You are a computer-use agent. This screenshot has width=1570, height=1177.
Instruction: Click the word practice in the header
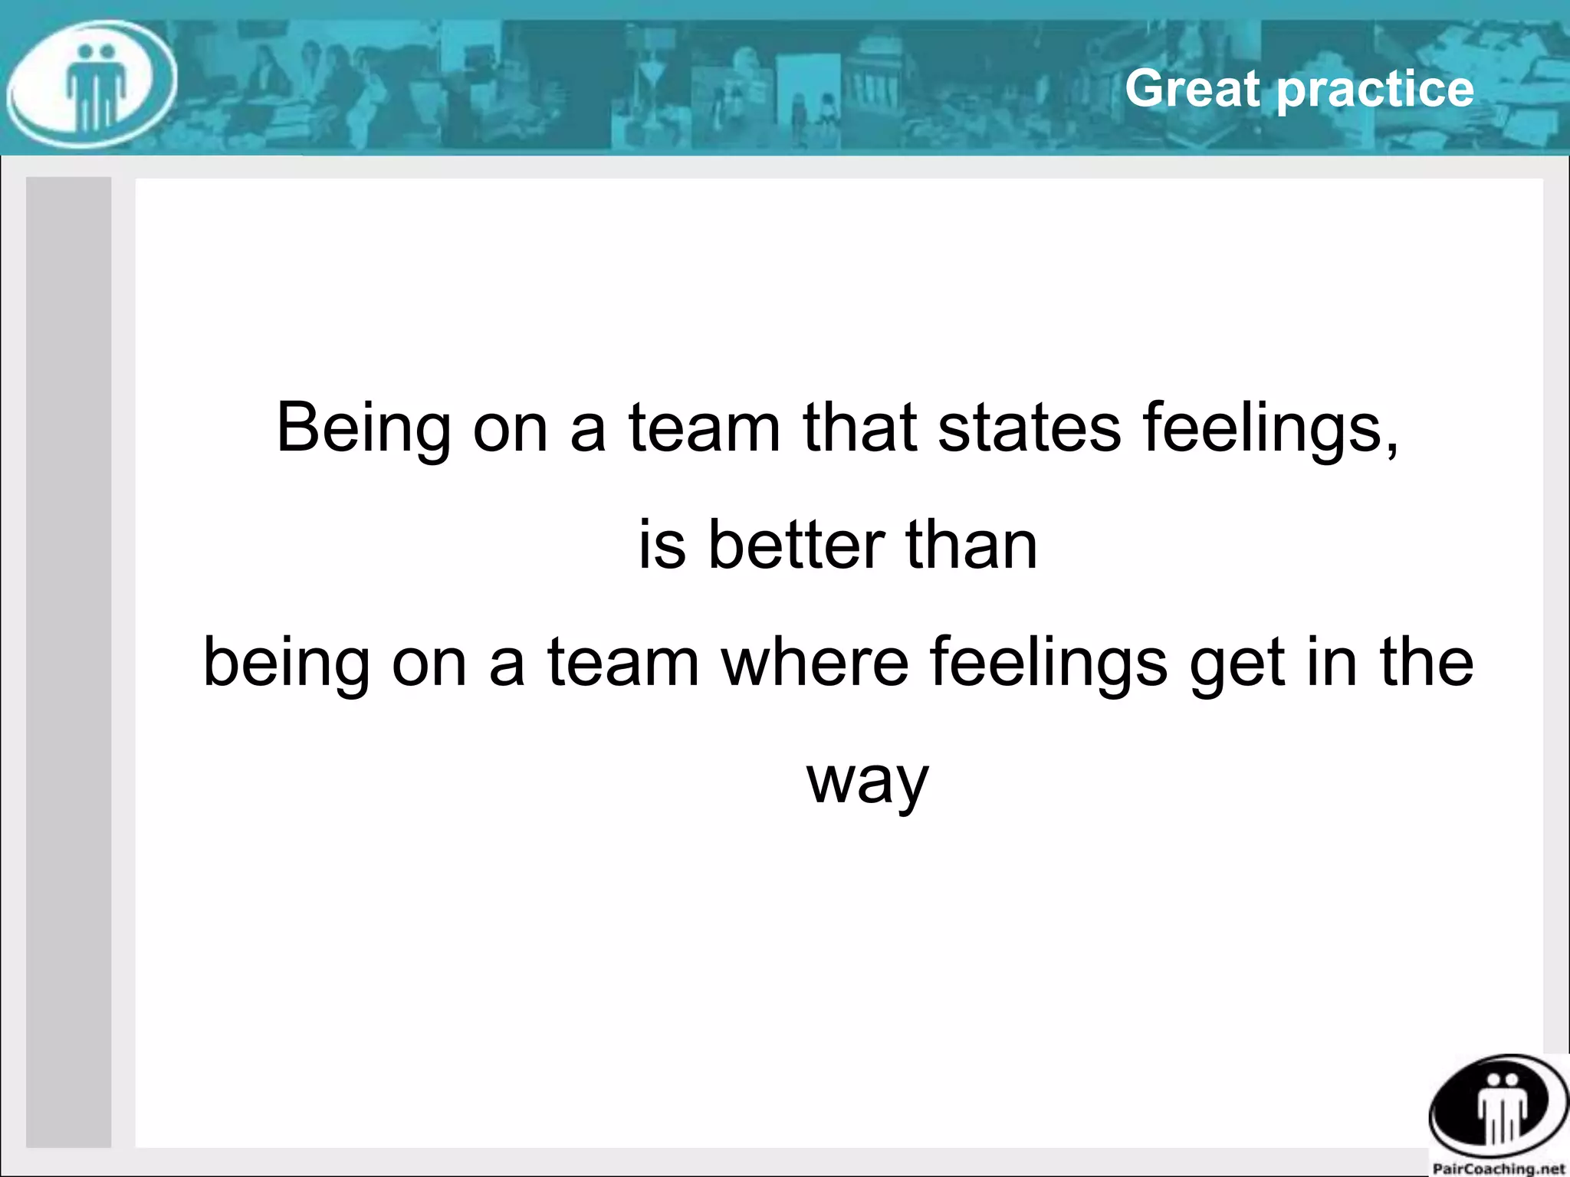click(x=1376, y=90)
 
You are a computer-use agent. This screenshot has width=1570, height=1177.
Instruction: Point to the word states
click(x=1030, y=428)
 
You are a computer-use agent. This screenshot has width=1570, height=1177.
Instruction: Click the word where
click(x=815, y=662)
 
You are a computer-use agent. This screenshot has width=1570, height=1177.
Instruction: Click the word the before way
click(x=1426, y=662)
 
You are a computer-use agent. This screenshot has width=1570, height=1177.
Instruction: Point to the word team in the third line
click(x=623, y=662)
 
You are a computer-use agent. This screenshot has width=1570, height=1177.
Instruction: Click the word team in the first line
click(x=705, y=428)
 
